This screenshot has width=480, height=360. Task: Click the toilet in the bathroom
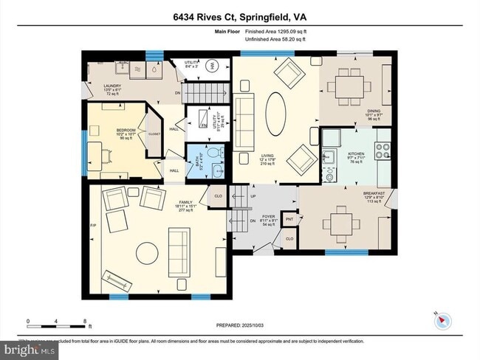[x=213, y=153]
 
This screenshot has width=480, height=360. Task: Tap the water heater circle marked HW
[x=213, y=65]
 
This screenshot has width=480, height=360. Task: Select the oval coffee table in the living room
[x=273, y=111]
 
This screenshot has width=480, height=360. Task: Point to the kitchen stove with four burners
[x=383, y=151]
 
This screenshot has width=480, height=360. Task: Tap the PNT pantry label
[x=289, y=219]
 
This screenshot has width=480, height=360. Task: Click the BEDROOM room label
[x=126, y=131]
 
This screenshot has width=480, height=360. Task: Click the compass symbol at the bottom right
[x=443, y=320]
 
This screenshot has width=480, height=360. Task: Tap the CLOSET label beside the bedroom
[x=154, y=134]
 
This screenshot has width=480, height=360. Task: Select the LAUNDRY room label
[x=92, y=86]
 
